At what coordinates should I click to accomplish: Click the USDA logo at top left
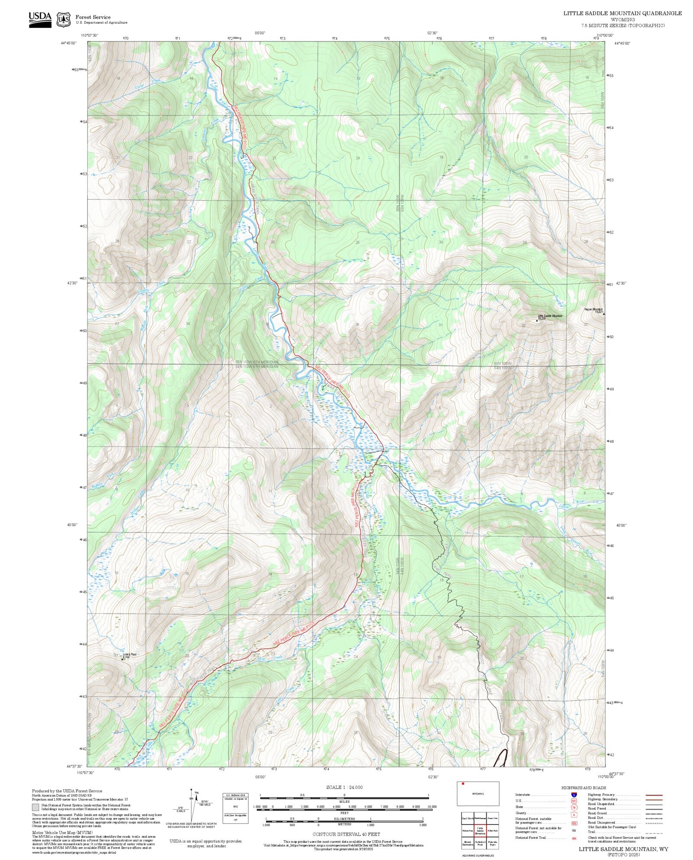(x=40, y=19)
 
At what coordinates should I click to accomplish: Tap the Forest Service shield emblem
(x=64, y=19)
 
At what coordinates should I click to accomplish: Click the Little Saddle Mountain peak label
(x=550, y=316)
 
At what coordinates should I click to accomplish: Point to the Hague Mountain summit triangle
(x=603, y=314)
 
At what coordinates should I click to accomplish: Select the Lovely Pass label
(x=130, y=654)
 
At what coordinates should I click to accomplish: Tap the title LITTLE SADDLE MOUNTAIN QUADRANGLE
(x=622, y=13)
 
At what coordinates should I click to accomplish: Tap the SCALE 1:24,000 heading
(x=344, y=787)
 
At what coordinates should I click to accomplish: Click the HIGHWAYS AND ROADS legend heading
(x=583, y=788)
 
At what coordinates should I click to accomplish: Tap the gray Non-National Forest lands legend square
(x=36, y=807)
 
